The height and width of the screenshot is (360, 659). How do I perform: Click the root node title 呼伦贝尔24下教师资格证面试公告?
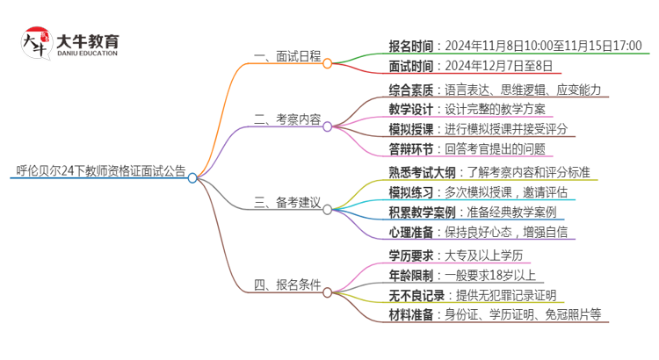101,171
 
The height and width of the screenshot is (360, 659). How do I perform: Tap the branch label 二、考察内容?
285,119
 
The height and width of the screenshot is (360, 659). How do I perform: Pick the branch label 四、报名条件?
285,284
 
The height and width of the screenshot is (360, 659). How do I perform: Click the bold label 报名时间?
413,46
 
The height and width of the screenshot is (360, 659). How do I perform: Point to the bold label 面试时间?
413,66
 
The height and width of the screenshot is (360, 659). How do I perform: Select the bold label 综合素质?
413,90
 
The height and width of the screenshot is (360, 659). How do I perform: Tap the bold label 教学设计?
413,110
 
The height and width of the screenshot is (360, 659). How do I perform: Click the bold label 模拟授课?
413,129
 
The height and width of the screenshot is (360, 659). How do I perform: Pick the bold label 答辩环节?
413,149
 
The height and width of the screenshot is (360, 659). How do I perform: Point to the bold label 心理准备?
413,233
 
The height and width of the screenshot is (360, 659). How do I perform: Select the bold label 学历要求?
413,255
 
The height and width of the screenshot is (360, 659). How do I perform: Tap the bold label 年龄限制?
413,275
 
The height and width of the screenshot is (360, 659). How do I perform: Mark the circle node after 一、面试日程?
327,63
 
